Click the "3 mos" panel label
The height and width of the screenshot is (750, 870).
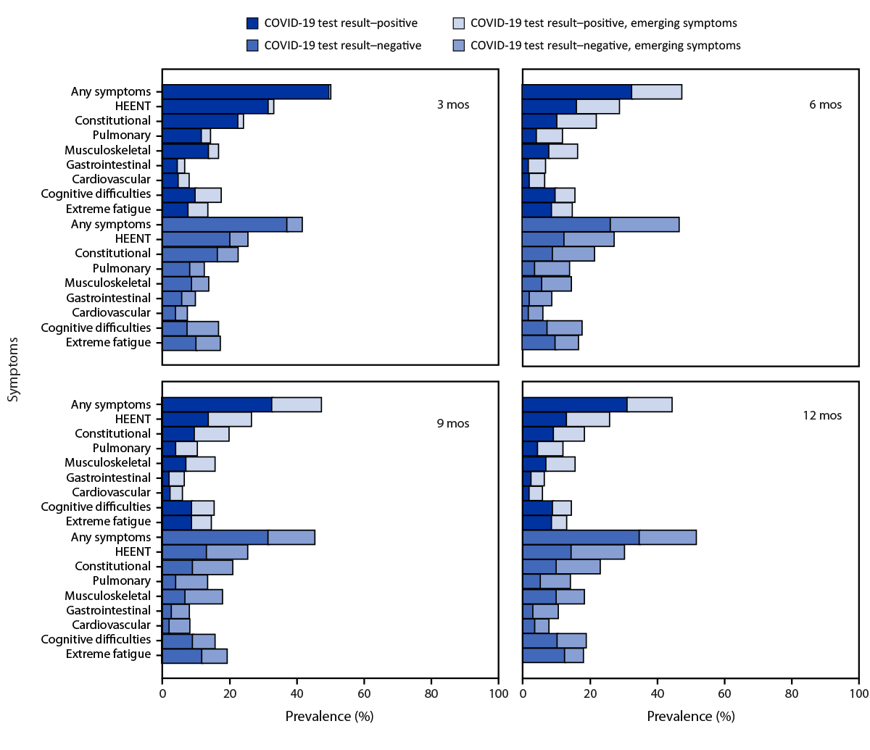pyautogui.click(x=452, y=104)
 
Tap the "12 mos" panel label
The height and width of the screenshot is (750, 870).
pyautogui.click(x=821, y=415)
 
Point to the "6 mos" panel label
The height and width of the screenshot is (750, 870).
pyautogui.click(x=825, y=104)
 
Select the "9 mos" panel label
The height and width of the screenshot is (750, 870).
pyautogui.click(x=452, y=423)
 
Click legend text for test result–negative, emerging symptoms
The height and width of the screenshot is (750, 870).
pyautogui.click(x=605, y=46)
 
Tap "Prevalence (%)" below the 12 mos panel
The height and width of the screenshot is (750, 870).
pyautogui.click(x=690, y=716)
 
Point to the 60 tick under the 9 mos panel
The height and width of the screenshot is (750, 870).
pyautogui.click(x=364, y=693)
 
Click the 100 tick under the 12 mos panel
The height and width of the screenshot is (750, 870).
pyautogui.click(x=858, y=693)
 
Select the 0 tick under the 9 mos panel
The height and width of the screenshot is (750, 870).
pyautogui.click(x=162, y=693)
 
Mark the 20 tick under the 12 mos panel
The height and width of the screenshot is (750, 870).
pyautogui.click(x=589, y=693)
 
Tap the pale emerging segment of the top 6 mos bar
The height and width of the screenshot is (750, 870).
pyautogui.click(x=656, y=91)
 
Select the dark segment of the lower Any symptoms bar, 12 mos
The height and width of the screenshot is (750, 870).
pyautogui.click(x=580, y=537)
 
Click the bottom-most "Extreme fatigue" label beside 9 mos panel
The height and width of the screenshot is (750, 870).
pyautogui.click(x=108, y=654)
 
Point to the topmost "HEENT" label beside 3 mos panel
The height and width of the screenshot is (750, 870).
pyautogui.click(x=133, y=107)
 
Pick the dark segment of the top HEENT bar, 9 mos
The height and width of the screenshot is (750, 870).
pyautogui.click(x=185, y=419)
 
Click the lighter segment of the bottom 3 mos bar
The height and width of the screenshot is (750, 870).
pyautogui.click(x=208, y=343)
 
